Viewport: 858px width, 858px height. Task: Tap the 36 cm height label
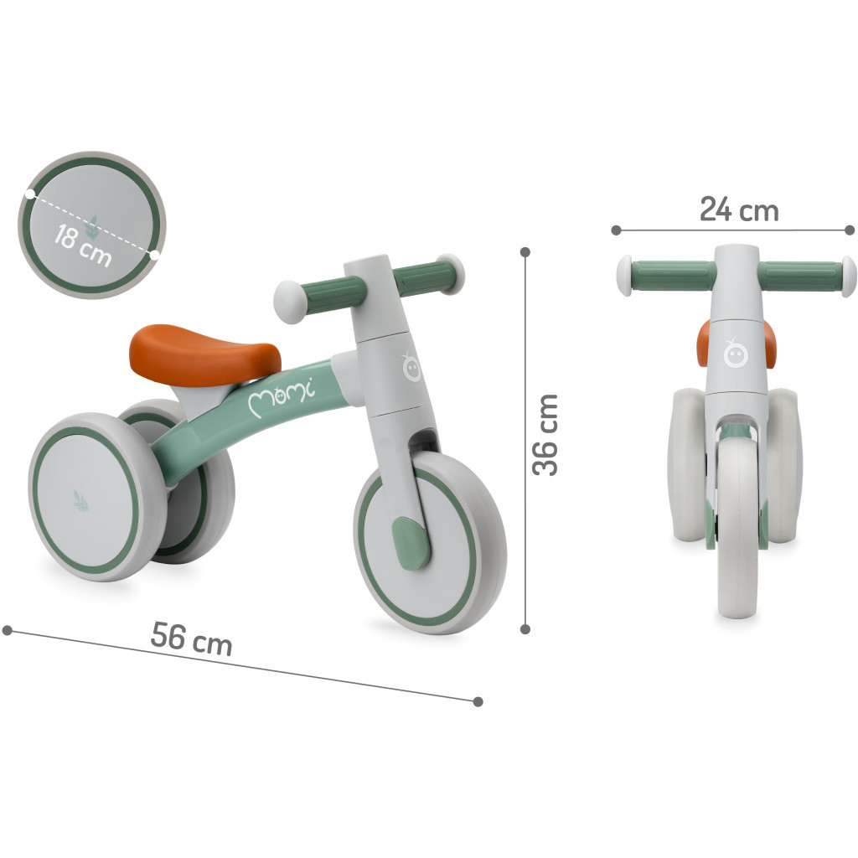point(546,434)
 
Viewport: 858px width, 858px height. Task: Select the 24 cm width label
point(739,209)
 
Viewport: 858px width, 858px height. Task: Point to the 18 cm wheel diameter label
point(82,243)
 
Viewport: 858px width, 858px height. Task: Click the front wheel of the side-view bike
point(429,545)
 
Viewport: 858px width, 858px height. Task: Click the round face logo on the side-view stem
point(411,370)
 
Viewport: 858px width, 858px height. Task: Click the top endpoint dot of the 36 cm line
point(525,251)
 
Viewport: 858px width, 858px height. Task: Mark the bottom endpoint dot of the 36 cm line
point(525,628)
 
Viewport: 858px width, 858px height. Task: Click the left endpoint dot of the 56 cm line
point(8,629)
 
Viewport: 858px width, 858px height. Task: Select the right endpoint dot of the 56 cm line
point(478,701)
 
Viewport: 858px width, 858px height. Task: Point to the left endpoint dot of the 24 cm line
point(616,230)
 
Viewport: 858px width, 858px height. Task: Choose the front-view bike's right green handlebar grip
point(800,276)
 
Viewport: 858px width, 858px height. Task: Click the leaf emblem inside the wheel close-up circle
point(97,225)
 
